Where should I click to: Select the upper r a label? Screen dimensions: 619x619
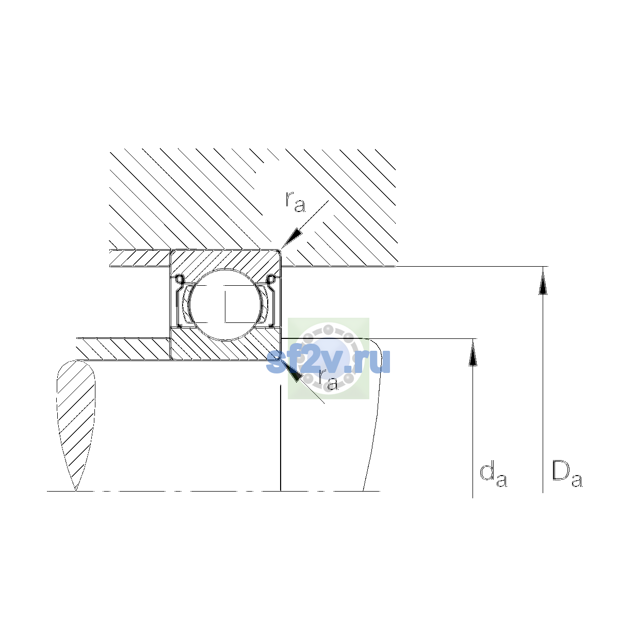tap(295, 202)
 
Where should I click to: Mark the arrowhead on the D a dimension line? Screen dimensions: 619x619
tap(543, 281)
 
